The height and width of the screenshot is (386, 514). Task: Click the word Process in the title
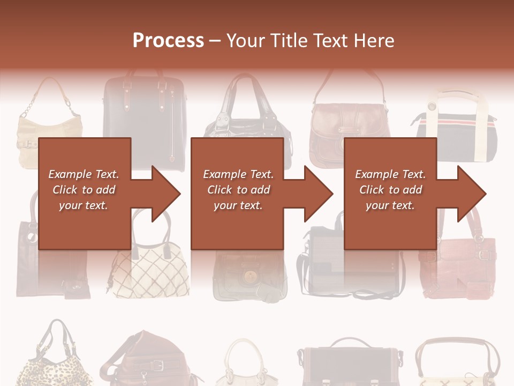[168, 40]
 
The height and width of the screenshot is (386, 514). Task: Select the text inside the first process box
[84, 189]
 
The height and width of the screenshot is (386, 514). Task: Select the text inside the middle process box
[238, 189]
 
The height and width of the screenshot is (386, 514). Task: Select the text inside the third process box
[390, 189]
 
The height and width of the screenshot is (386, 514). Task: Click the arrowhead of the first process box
[163, 194]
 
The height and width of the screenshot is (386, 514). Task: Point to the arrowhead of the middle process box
[316, 194]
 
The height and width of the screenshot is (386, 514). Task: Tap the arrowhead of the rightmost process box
[470, 194]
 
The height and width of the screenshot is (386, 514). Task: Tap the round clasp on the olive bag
[248, 276]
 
